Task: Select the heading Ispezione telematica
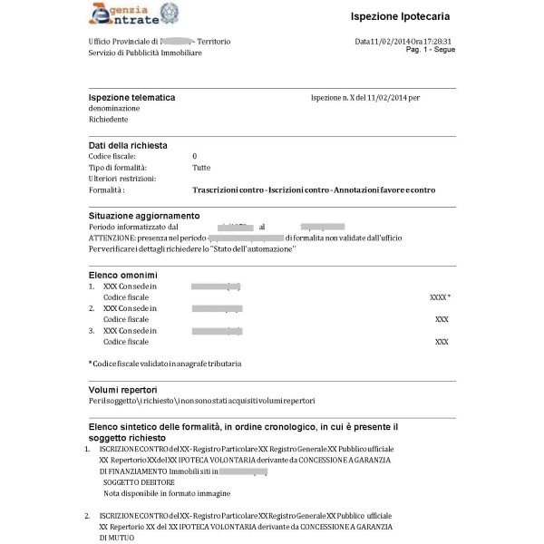(131, 97)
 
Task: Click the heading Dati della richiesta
(128, 145)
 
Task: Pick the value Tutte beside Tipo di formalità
(201, 168)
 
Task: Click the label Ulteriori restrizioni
(123, 179)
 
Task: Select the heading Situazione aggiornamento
(143, 215)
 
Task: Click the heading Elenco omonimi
(123, 274)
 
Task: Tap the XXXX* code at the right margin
(440, 296)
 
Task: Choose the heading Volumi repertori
(125, 389)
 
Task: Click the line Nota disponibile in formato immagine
(167, 493)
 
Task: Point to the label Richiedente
(108, 119)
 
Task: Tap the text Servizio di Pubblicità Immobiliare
(145, 53)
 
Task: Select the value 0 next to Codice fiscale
(195, 156)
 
